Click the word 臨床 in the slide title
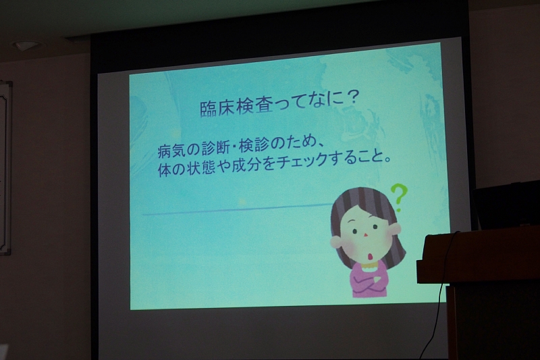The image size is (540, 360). (x=217, y=108)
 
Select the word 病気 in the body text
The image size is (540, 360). (x=171, y=150)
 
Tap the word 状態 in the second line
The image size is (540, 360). (x=200, y=168)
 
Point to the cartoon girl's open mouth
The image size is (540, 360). (x=370, y=256)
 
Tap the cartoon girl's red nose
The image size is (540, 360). (x=366, y=235)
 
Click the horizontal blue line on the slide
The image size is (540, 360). (x=237, y=210)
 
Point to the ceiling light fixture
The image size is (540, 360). (x=25, y=45)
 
